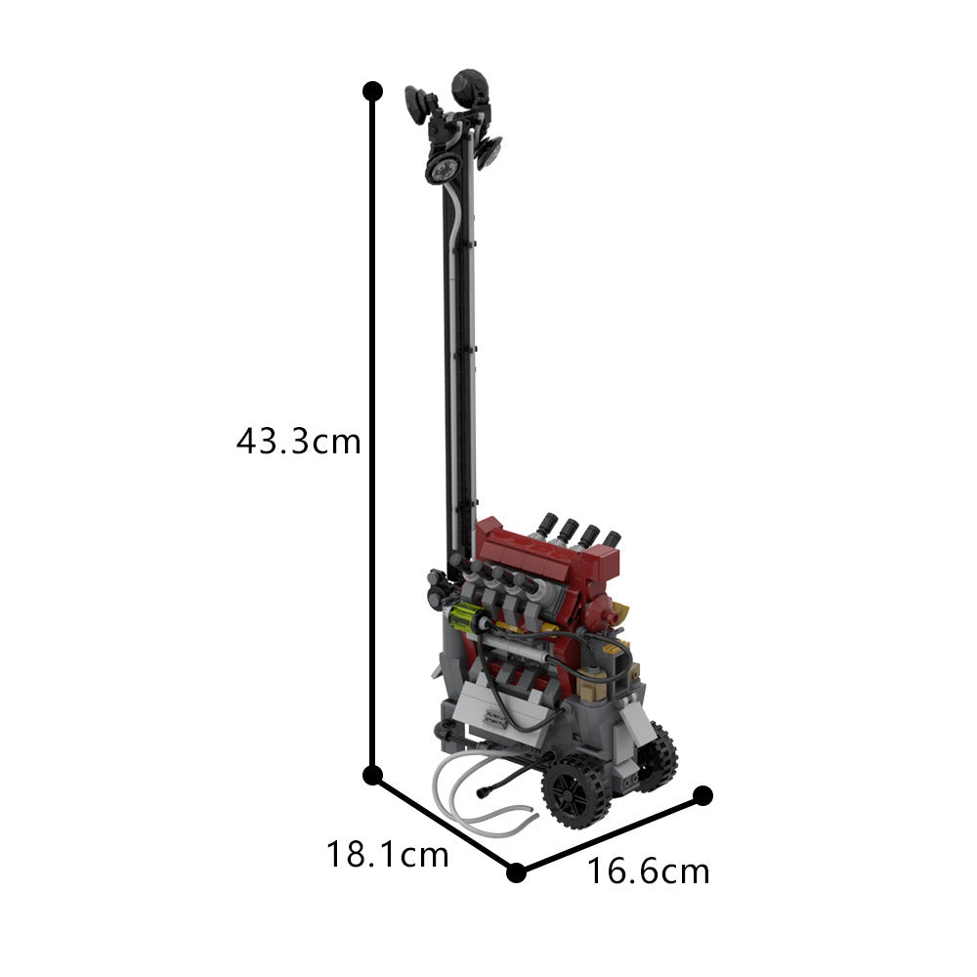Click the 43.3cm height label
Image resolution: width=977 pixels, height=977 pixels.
pyautogui.click(x=298, y=442)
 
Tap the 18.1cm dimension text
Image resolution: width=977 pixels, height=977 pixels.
pyautogui.click(x=388, y=854)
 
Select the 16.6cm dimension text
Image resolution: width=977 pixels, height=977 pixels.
pyautogui.click(x=648, y=871)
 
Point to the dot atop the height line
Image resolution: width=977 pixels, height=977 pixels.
pyautogui.click(x=372, y=91)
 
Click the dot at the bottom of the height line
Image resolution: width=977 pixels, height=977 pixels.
pyautogui.click(x=372, y=776)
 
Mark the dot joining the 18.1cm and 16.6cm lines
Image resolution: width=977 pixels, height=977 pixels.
pyautogui.click(x=516, y=872)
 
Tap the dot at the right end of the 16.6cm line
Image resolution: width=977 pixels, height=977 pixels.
pyautogui.click(x=702, y=795)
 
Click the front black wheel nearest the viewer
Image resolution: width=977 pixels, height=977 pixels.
pyautogui.click(x=574, y=791)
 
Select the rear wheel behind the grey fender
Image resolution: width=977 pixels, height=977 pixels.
pyautogui.click(x=656, y=756)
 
